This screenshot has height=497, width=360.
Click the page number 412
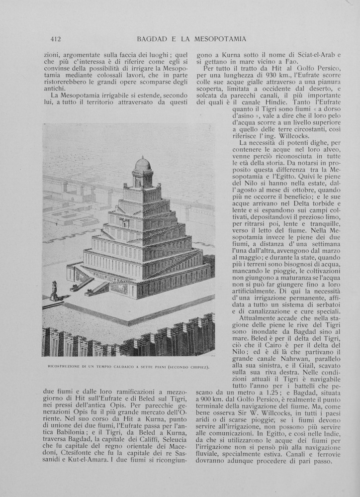[x=55, y=39]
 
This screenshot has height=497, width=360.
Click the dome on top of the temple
[x=143, y=164]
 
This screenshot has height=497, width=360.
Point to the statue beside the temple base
[x=54, y=290]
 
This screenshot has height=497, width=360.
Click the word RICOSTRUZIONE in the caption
[x=64, y=368]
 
